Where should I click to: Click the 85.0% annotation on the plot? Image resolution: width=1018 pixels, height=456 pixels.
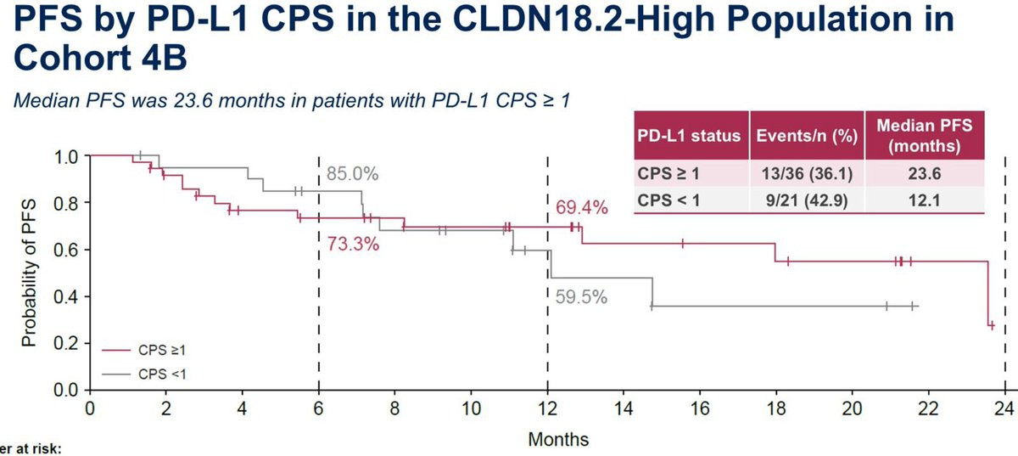click(352, 176)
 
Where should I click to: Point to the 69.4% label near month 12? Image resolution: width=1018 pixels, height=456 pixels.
click(582, 207)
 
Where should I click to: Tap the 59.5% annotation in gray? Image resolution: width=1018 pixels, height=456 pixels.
click(582, 298)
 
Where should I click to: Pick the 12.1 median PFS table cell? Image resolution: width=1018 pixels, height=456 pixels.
click(923, 200)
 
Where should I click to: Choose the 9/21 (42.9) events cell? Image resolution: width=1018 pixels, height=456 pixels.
click(806, 200)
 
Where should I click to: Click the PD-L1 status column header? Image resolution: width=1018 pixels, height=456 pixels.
click(689, 136)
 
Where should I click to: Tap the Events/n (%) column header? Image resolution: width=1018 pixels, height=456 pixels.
click(806, 136)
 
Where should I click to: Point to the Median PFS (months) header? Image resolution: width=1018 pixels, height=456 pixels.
click(923, 135)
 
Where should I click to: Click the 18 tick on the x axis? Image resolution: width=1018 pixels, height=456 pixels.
click(775, 408)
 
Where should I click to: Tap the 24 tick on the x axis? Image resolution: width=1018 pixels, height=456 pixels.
click(1004, 408)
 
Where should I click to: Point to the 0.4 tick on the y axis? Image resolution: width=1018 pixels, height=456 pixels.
click(65, 297)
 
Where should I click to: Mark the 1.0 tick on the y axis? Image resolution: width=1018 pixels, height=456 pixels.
click(65, 157)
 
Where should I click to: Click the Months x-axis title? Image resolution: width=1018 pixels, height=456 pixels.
click(558, 440)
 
